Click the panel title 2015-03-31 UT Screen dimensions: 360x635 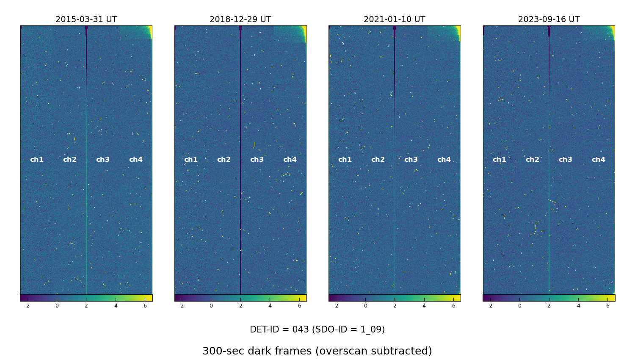click(x=86, y=19)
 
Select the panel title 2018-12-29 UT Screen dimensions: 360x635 click(x=240, y=19)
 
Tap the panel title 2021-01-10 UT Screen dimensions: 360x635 click(x=394, y=19)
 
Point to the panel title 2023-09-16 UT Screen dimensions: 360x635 click(x=549, y=19)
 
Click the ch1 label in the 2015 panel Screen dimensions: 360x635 click(x=37, y=160)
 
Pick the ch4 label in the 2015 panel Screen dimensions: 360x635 click(x=136, y=160)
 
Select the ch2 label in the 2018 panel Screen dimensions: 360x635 click(x=224, y=160)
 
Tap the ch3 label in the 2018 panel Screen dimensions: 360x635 click(x=257, y=160)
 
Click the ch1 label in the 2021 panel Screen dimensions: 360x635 click(x=345, y=160)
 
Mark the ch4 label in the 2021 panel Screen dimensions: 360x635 click(x=444, y=160)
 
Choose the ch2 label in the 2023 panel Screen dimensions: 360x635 click(x=533, y=160)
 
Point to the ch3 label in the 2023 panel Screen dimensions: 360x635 click(x=566, y=160)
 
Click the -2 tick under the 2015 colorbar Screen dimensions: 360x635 click(x=28, y=306)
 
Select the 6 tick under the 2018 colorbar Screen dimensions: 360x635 click(x=299, y=306)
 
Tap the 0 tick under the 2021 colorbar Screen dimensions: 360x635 click(x=365, y=306)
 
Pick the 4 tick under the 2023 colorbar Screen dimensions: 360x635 click(x=578, y=306)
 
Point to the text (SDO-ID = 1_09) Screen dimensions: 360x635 click(x=348, y=330)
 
